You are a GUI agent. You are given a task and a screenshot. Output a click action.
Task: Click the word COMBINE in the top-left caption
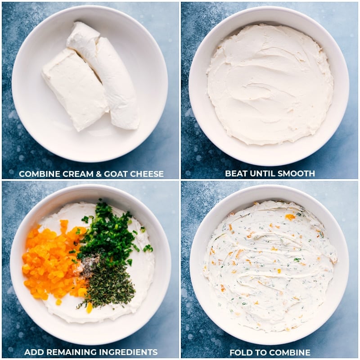pyautogui.click(x=38, y=174)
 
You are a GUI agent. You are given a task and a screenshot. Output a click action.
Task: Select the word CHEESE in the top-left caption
pyautogui.click(x=146, y=174)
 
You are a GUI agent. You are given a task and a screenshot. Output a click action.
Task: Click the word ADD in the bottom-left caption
pyautogui.click(x=33, y=352)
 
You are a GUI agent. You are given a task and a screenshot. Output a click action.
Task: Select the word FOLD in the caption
pyautogui.click(x=240, y=352)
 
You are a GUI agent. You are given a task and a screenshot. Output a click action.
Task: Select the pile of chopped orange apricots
pyautogui.click(x=52, y=263)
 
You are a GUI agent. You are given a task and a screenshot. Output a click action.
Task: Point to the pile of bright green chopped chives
pyautogui.click(x=108, y=234)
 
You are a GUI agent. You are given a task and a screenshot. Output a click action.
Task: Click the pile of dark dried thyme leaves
pyautogui.click(x=110, y=283)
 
